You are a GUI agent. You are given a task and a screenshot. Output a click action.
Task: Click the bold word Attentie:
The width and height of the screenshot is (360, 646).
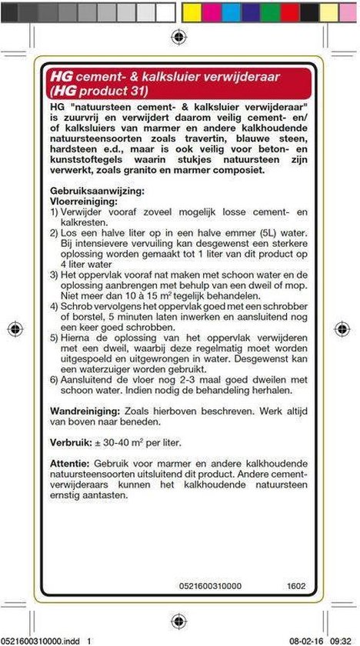pos(68,464)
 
